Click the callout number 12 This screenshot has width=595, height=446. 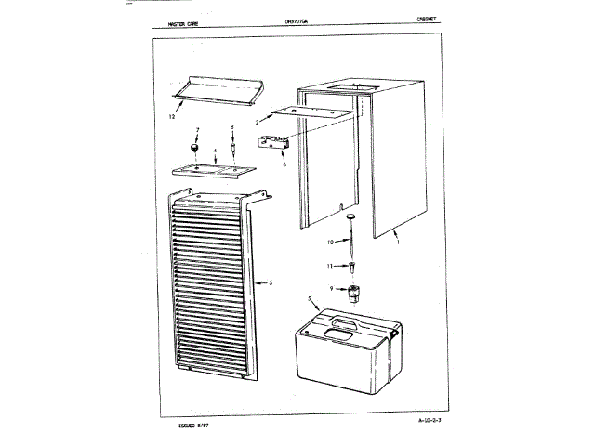(x=173, y=118)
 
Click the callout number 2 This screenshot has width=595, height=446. (x=257, y=122)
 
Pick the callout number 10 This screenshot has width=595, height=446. (x=330, y=243)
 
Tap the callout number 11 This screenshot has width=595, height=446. (x=330, y=266)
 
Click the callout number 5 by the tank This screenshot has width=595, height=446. (x=309, y=298)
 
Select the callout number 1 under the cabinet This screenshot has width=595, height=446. (x=399, y=241)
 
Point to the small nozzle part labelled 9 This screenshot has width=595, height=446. (x=353, y=295)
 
